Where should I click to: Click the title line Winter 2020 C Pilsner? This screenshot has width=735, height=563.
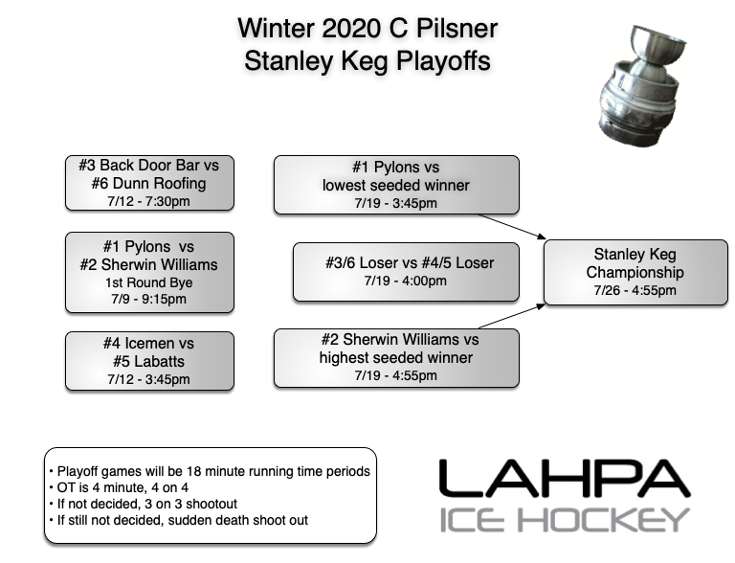(x=367, y=28)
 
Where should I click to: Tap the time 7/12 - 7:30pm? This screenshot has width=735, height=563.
(x=148, y=201)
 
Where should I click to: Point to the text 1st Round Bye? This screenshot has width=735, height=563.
(x=148, y=282)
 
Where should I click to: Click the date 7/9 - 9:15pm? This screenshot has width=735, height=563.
(x=148, y=299)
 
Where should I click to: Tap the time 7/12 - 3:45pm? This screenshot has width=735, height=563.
(x=148, y=379)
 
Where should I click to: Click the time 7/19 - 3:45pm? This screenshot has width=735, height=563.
(x=396, y=203)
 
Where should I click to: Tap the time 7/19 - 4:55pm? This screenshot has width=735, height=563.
(x=396, y=376)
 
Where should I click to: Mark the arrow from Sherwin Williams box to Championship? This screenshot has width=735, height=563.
(x=512, y=317)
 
